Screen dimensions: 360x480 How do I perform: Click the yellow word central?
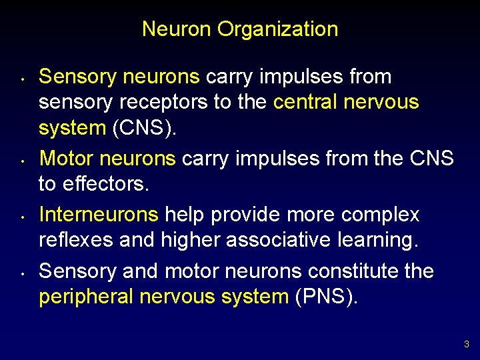coord(305,103)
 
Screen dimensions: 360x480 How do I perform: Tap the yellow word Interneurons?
coord(99,215)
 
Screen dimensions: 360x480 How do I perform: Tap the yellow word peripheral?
coord(87,297)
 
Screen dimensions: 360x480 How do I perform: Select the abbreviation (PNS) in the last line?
coord(325,297)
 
